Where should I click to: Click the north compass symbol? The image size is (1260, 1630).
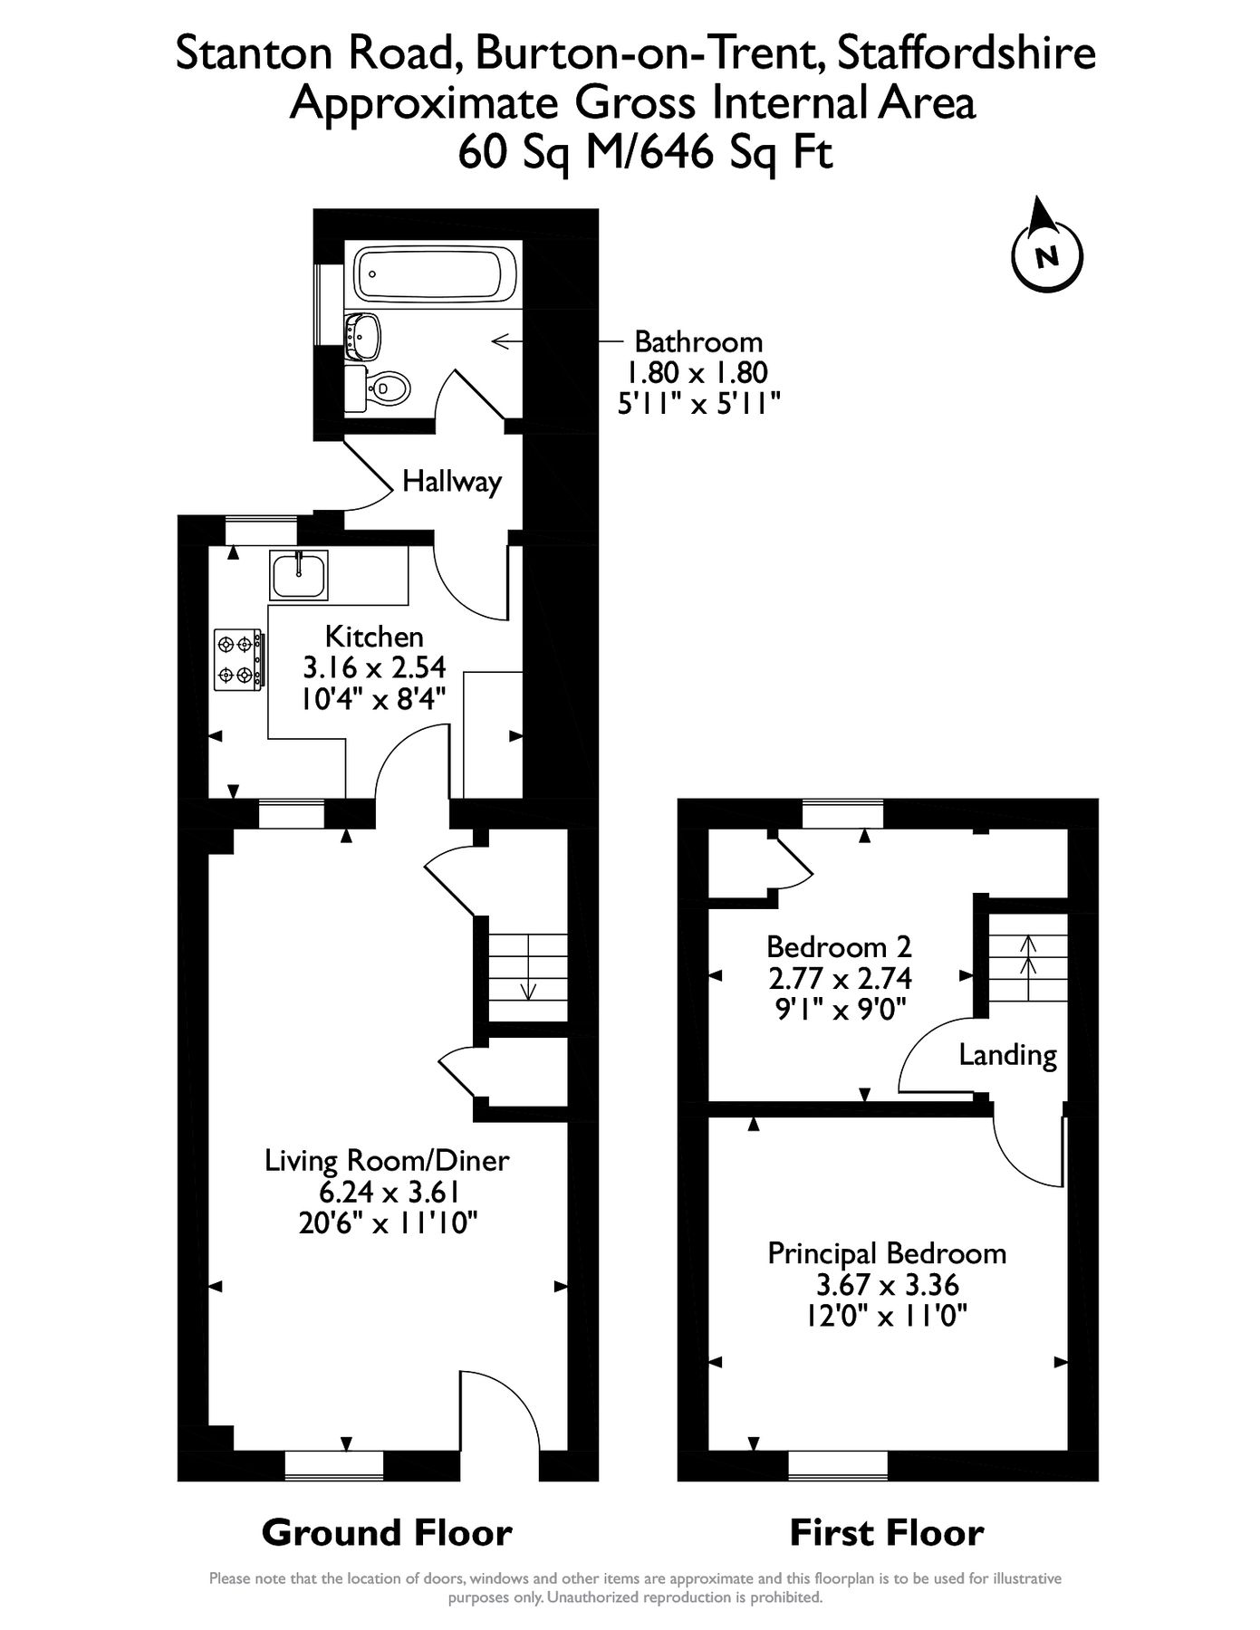1046,254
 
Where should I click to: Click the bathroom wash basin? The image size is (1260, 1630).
366,334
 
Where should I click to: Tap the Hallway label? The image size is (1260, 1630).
451,481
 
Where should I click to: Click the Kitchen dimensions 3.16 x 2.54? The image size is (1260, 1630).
374,668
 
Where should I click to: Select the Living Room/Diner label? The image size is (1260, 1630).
387,1160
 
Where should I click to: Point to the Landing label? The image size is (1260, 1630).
1007,1055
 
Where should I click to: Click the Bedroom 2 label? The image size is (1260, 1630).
839,947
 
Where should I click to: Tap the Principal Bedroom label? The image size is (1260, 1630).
887,1253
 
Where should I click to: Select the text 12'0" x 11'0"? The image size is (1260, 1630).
887,1315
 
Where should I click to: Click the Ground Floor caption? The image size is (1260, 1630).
387,1533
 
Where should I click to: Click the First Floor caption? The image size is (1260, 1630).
886,1533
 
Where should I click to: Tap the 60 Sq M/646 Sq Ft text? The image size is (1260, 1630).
644,151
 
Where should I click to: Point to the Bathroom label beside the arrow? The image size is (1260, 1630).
698,342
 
